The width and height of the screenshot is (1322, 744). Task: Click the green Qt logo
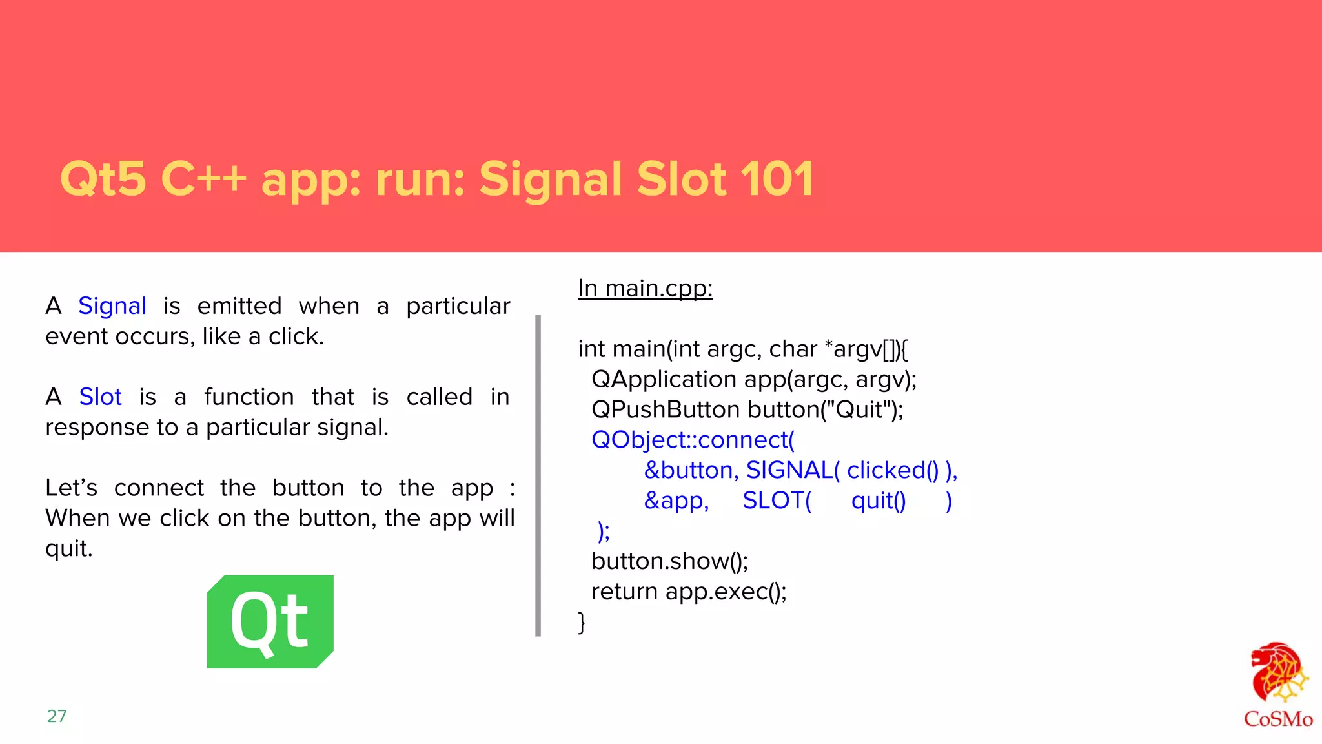[x=270, y=621]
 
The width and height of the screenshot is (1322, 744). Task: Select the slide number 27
[x=57, y=716]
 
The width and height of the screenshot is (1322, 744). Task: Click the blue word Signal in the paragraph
[x=112, y=306]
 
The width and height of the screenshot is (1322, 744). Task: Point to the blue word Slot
[x=100, y=397]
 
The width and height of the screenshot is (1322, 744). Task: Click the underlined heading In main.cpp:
[x=645, y=289]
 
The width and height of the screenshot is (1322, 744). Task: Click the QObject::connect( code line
[x=693, y=440]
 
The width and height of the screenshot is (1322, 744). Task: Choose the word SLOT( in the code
[x=777, y=501]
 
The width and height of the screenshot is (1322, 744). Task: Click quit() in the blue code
[x=879, y=501]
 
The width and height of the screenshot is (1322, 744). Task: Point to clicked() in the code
[x=893, y=471]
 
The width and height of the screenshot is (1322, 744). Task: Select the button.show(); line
[x=669, y=561]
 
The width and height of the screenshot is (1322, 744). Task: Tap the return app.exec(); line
[x=689, y=592]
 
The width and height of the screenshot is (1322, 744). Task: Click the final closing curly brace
[x=582, y=623]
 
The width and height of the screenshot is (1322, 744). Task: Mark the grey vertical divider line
[x=538, y=476]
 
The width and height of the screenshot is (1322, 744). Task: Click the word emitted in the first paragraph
[x=239, y=306]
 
